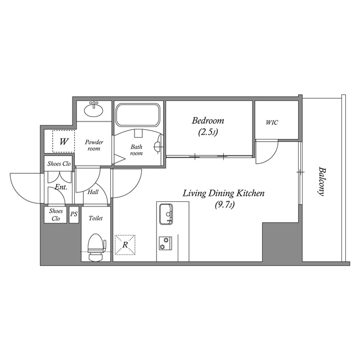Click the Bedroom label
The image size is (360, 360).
pyautogui.click(x=208, y=120)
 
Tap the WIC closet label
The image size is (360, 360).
pyautogui.click(x=272, y=123)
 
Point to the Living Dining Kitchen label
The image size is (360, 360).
pyautogui.click(x=223, y=193)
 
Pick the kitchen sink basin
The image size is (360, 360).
pyautogui.click(x=166, y=214)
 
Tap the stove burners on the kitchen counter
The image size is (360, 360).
pyautogui.click(x=165, y=242)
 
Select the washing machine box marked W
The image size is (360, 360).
pyautogui.click(x=64, y=141)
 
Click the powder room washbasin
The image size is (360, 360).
pyautogui.click(x=94, y=110)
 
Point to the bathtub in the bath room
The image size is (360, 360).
pyautogui.click(x=138, y=115)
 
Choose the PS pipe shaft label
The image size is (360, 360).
pyautogui.click(x=74, y=214)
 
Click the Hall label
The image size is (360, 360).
pyautogui.click(x=93, y=192)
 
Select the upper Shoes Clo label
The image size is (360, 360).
pyautogui.click(x=59, y=164)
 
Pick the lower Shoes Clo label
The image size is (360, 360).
pyautogui.click(x=56, y=215)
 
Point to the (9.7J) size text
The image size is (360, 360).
pyautogui.click(x=224, y=205)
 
